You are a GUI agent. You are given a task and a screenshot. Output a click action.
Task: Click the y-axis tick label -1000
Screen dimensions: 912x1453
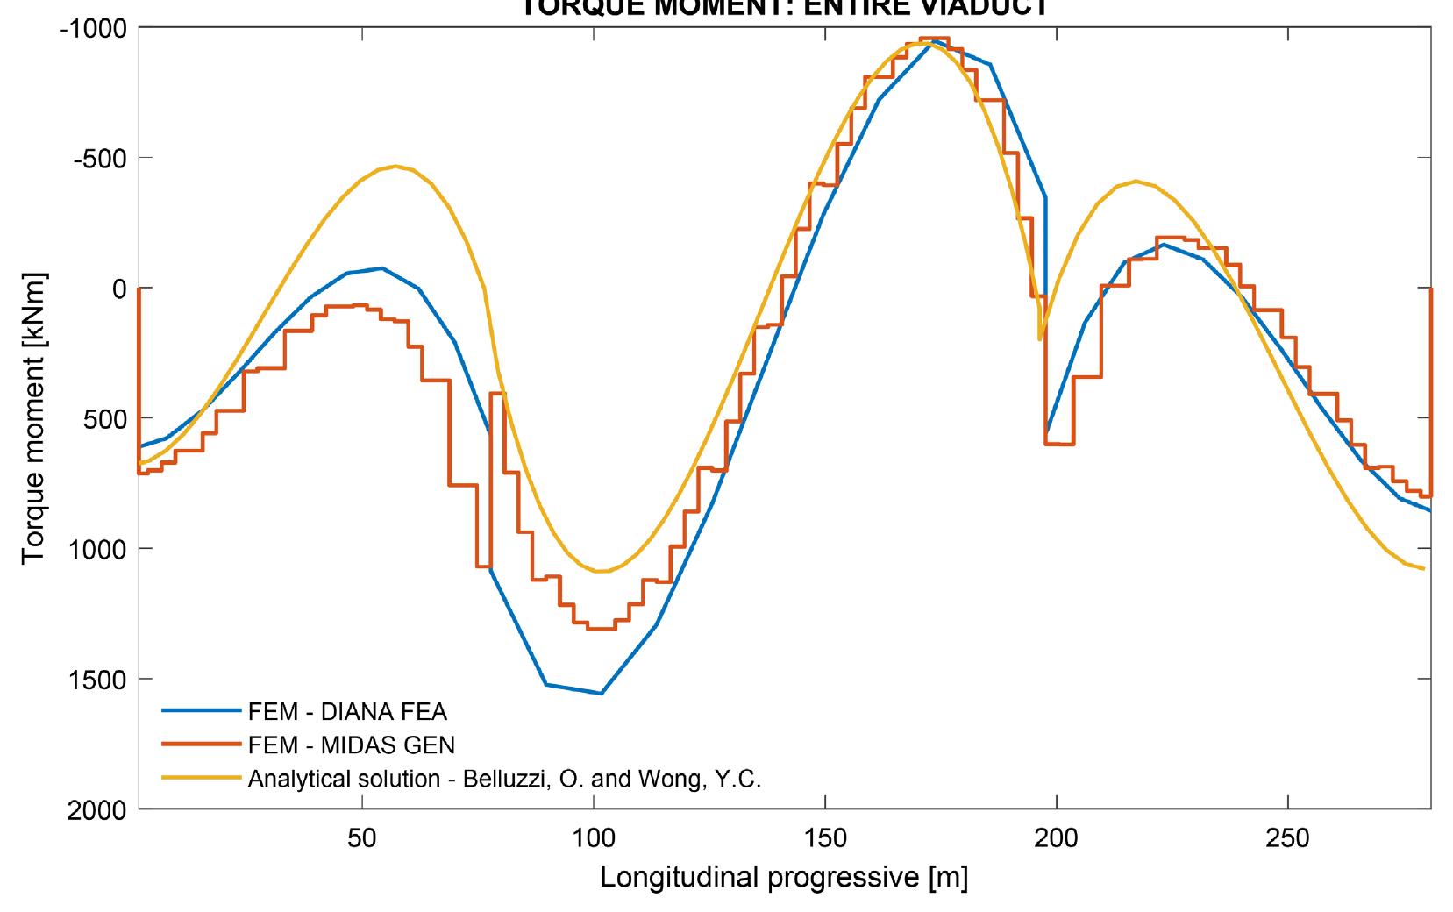point(94,28)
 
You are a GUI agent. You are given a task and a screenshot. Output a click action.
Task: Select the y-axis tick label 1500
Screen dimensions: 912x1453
point(97,680)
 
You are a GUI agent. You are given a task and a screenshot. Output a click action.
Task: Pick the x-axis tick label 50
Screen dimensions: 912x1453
point(361,839)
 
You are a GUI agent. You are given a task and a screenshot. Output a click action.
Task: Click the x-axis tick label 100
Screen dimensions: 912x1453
point(594,839)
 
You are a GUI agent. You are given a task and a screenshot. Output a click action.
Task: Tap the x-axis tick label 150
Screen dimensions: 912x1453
point(825,839)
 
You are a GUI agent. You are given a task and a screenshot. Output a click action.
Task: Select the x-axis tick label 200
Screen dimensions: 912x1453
point(1057,839)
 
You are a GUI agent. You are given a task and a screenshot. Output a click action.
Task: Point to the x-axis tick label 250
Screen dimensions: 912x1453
point(1288,839)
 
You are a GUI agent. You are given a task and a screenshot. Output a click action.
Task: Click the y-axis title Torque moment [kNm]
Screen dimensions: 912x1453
point(34,419)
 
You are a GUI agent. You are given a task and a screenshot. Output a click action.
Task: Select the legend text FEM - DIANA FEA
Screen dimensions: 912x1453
point(348,712)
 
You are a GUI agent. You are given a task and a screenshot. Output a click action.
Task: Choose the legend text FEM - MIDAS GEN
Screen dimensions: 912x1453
point(352,745)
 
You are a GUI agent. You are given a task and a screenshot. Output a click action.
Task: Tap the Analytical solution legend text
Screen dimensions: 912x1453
point(504,779)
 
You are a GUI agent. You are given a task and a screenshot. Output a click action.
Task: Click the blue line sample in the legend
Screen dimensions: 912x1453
point(201,712)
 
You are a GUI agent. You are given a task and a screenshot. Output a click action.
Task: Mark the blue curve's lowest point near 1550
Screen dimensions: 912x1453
point(602,694)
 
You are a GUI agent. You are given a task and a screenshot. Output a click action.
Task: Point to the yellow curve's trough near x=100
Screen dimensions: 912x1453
point(602,572)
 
